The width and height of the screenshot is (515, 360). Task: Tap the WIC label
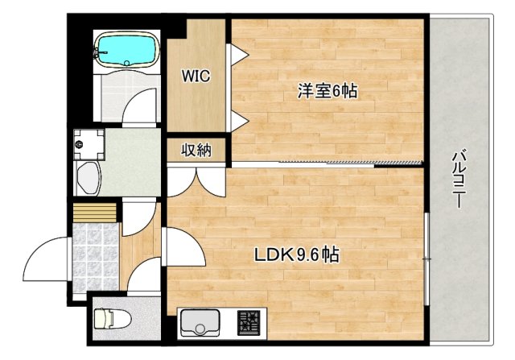point(196,77)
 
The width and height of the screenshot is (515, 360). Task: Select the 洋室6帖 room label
point(327,91)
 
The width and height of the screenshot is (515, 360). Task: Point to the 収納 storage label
point(196,150)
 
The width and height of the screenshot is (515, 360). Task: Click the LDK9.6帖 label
point(296,256)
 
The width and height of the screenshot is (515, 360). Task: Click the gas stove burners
point(249,325)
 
